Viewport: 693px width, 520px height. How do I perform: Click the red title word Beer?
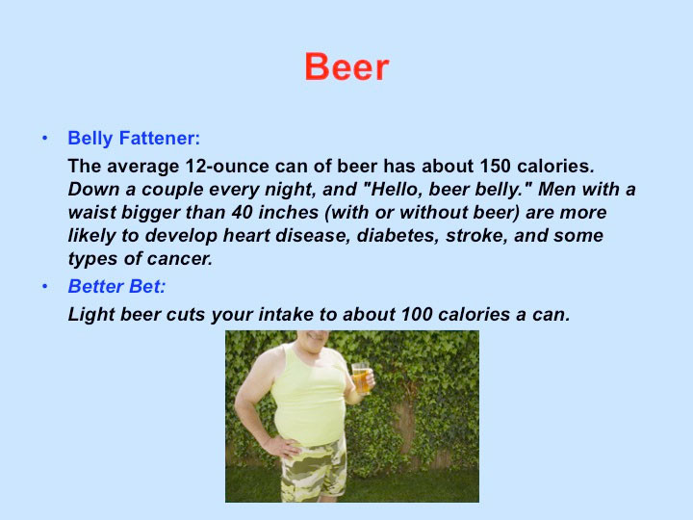coord(346,66)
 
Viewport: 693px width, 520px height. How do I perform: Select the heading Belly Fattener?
coord(134,138)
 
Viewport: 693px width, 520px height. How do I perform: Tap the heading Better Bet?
coord(116,286)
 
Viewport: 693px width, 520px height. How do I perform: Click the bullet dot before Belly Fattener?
coord(44,139)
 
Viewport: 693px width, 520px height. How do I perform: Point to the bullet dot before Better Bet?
coord(44,287)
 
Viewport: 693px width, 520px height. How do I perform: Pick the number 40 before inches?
coord(242,212)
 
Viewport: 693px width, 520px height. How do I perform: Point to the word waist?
coord(92,212)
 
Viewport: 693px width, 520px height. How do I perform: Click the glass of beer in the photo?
coord(361,378)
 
